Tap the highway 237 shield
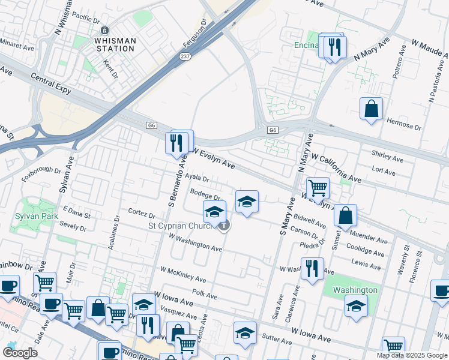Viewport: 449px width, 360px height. (184, 56)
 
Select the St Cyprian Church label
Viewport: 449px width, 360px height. (181, 226)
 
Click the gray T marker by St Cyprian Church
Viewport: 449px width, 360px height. (223, 226)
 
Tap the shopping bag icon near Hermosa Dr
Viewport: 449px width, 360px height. (372, 109)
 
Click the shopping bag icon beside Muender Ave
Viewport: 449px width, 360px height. (346, 215)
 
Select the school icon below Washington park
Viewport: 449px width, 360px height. (356, 307)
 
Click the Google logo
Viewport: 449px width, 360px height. (20, 352)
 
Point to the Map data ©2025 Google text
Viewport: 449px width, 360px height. (411, 355)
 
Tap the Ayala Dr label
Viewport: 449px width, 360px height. (196, 178)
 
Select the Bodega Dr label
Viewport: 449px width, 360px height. (205, 194)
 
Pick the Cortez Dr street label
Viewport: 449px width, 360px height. (142, 213)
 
